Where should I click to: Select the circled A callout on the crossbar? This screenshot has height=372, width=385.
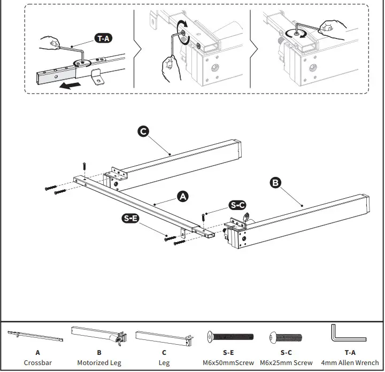[183, 197]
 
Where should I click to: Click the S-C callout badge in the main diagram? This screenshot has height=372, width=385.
[237, 205]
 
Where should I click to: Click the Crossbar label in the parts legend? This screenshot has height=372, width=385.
[37, 363]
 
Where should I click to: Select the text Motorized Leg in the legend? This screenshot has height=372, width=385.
[99, 363]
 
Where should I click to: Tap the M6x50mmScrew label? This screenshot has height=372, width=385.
[228, 363]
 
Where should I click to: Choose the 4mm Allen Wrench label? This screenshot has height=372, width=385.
[350, 363]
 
